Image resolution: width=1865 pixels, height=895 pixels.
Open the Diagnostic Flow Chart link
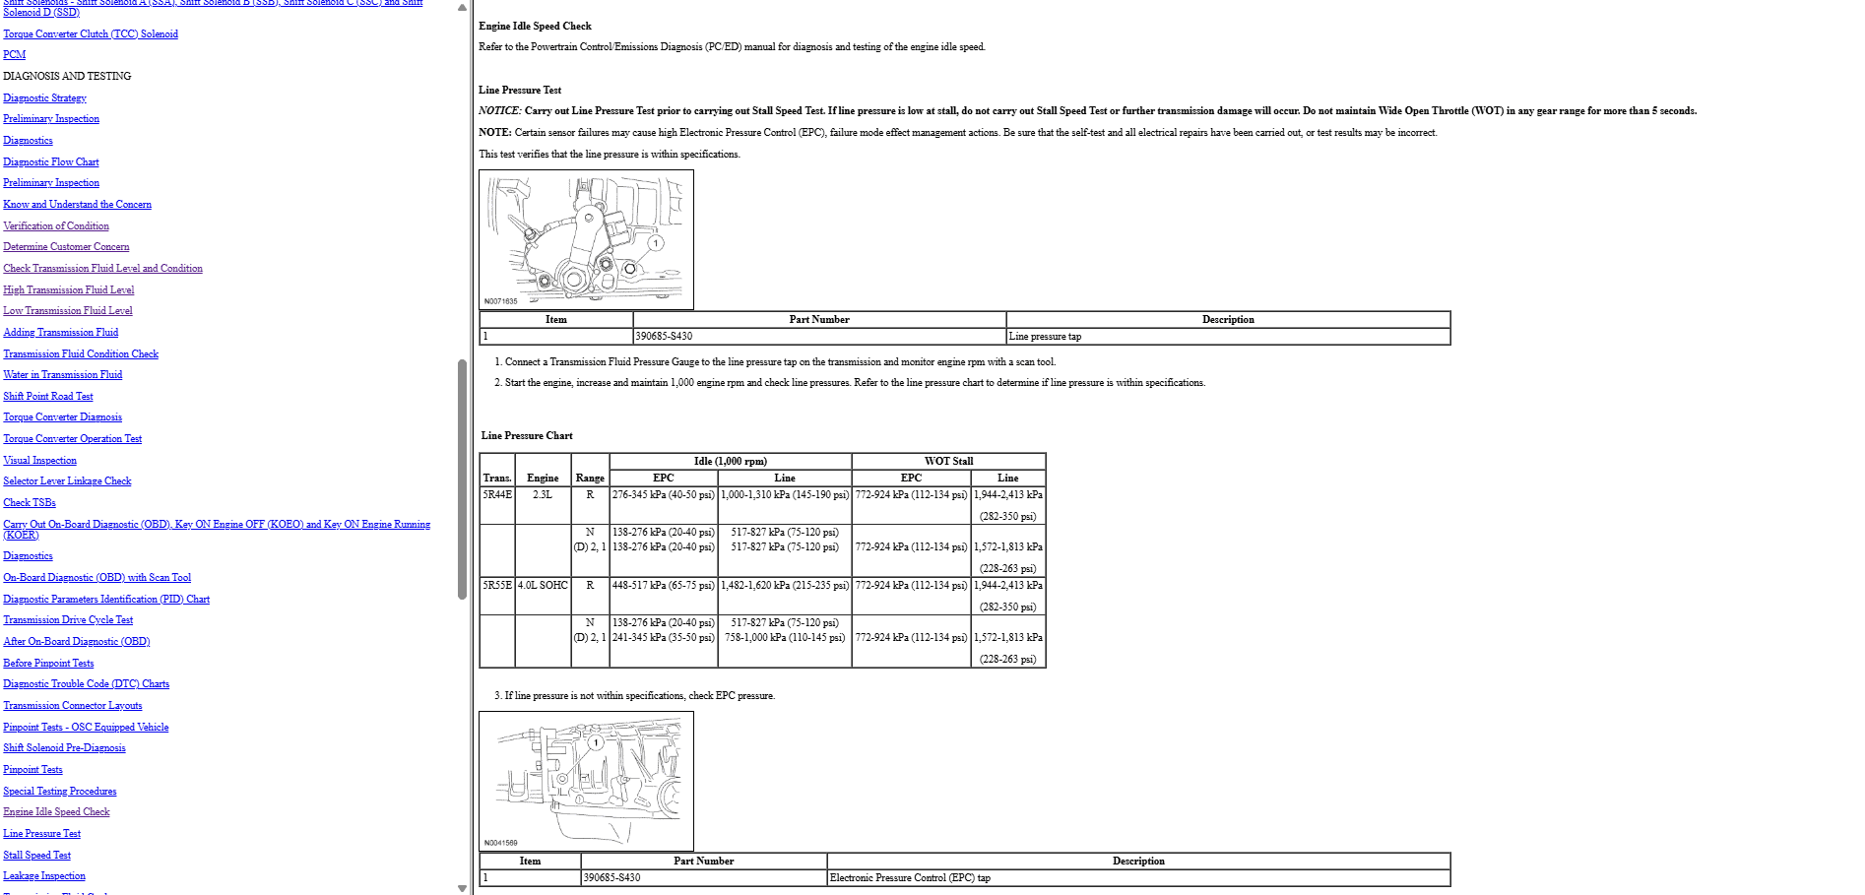pos(51,161)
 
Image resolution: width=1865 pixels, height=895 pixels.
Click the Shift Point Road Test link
pos(48,396)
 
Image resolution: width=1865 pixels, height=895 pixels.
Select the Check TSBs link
pos(30,502)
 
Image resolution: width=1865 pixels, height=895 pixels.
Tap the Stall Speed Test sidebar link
pos(37,855)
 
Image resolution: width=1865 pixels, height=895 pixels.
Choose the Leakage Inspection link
pos(44,875)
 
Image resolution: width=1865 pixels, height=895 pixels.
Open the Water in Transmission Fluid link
pos(63,374)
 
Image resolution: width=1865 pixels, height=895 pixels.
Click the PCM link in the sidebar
pos(15,54)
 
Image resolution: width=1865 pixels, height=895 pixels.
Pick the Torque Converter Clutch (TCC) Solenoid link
pos(91,33)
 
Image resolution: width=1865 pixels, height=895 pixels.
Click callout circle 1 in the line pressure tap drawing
pos(655,242)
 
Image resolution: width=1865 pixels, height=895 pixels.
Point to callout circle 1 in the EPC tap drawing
pos(596,742)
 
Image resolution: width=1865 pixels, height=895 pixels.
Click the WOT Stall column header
pos(948,461)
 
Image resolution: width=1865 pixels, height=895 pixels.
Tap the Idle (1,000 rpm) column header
pos(730,461)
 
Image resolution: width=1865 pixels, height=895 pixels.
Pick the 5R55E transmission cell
pos(497,585)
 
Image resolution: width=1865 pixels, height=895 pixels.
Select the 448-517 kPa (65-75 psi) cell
pos(663,585)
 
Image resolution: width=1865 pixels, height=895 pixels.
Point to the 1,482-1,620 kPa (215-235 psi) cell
pos(785,585)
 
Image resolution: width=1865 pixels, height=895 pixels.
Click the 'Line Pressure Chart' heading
pos(527,435)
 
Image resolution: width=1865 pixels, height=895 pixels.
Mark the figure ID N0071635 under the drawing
pos(500,301)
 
